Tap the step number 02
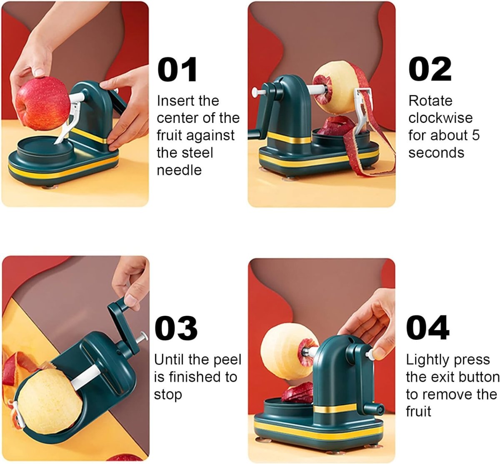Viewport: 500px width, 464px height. (430, 70)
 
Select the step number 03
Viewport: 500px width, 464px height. (176, 328)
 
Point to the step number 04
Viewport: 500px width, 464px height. (427, 328)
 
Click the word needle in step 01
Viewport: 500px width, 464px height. (179, 170)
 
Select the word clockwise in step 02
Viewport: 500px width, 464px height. (440, 118)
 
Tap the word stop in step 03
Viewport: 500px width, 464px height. (168, 394)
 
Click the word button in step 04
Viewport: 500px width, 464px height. (476, 377)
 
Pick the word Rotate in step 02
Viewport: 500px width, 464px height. (430, 101)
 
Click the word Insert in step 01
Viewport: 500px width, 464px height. (172, 101)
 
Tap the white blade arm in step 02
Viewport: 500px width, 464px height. (361, 108)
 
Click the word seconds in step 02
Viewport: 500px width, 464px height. (436, 152)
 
